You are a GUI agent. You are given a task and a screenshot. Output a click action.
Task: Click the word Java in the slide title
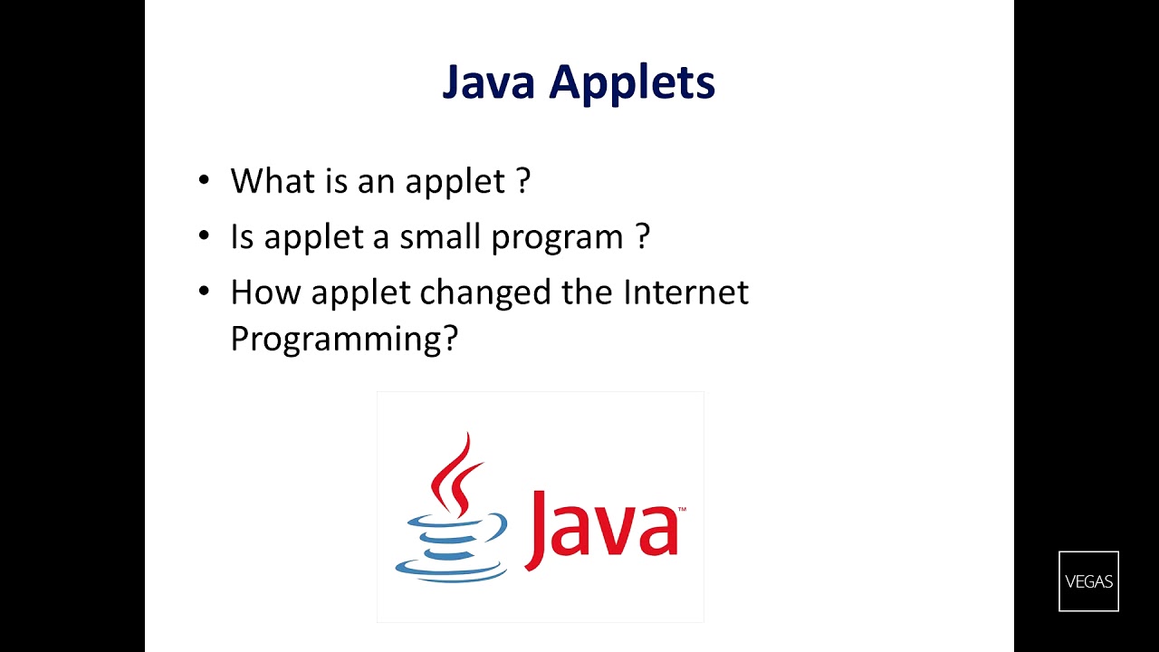coord(490,82)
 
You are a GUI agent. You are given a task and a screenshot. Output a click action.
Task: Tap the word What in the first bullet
coord(269,180)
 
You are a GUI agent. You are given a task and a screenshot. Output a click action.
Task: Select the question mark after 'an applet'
coord(522,180)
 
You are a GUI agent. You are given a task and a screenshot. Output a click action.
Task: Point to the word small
coord(440,236)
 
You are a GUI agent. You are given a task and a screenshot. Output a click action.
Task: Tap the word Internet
coord(685,292)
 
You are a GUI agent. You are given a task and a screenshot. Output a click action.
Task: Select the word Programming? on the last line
coord(344,340)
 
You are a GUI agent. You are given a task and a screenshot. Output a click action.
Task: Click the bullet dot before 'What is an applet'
coord(204,180)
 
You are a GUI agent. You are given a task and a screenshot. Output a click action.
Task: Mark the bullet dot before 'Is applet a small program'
coord(204,236)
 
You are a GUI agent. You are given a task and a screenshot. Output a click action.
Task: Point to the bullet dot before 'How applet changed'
coord(204,292)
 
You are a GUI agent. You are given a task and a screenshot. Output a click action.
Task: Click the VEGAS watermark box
coord(1088,581)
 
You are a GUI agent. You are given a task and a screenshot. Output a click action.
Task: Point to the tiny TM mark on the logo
coord(682,510)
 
